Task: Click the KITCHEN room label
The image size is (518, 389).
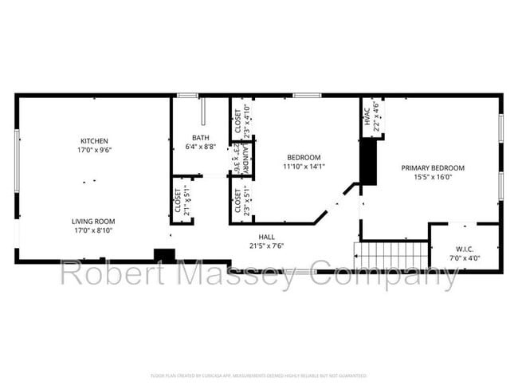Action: tap(94, 140)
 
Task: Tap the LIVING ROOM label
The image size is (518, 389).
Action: tap(94, 222)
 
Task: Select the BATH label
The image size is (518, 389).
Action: tap(200, 138)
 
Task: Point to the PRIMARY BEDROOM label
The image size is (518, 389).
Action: tap(432, 168)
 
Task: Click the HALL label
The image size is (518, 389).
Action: tap(266, 237)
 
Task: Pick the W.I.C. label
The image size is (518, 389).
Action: tap(465, 250)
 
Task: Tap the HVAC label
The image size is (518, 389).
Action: tap(368, 116)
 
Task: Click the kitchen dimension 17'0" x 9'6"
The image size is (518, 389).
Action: tap(94, 150)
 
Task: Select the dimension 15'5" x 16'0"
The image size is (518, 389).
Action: tap(432, 178)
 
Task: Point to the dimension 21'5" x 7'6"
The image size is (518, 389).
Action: tap(266, 246)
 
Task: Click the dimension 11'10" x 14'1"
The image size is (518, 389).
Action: tap(304, 167)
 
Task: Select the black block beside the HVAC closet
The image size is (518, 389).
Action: tap(368, 162)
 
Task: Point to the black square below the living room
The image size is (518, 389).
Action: tap(164, 255)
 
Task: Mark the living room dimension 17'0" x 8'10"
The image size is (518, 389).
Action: tap(94, 231)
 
